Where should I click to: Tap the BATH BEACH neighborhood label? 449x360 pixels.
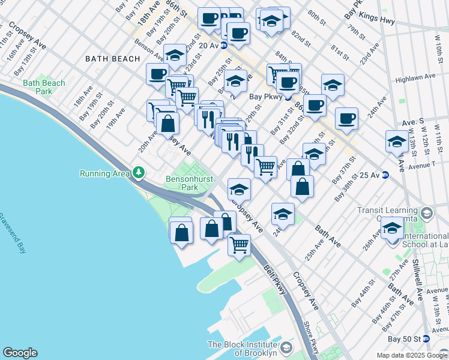[112, 59]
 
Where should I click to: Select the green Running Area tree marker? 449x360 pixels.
[139, 173]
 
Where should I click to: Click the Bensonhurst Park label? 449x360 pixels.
[182, 183]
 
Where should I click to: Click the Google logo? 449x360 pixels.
[20, 353]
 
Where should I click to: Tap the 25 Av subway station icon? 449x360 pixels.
[385, 175]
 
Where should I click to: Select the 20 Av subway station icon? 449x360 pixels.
[224, 45]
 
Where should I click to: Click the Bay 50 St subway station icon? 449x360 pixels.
[426, 339]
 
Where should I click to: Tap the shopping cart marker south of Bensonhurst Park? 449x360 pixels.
[240, 245]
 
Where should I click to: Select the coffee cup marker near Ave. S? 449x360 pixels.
[346, 119]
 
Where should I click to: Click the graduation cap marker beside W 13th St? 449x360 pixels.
[397, 142]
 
